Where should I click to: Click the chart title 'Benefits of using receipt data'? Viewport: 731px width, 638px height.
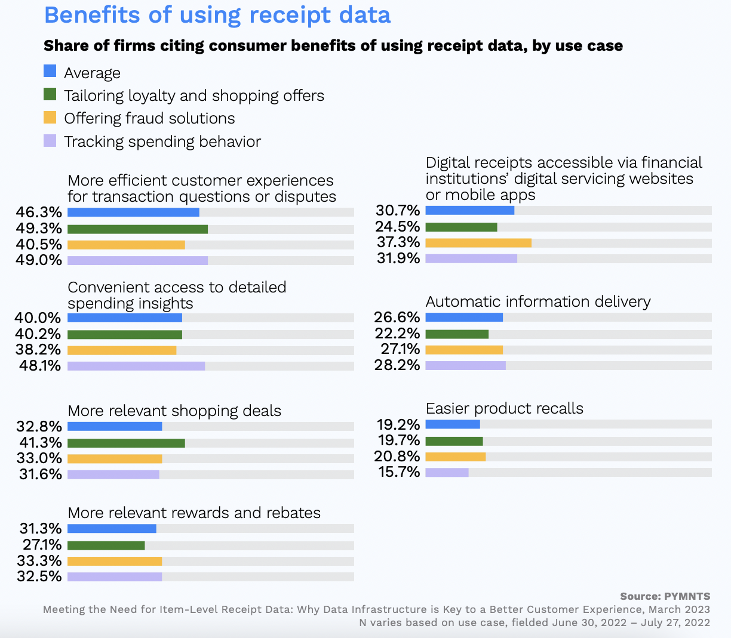pyautogui.click(x=217, y=15)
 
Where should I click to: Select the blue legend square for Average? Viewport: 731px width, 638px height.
pyautogui.click(x=50, y=72)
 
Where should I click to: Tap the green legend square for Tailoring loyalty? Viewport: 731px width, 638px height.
pyautogui.click(x=50, y=94)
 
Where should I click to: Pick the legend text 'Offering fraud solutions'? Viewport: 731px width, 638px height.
pyautogui.click(x=149, y=118)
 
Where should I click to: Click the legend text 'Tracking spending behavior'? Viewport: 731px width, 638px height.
pyautogui.click(x=162, y=141)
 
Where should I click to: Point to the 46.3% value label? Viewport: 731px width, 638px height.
pyautogui.click(x=39, y=212)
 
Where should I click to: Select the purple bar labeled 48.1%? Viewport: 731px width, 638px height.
pyautogui.click(x=136, y=366)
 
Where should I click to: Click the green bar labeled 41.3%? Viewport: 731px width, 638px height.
pyautogui.click(x=126, y=443)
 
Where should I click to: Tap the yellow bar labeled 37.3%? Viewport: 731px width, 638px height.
pyautogui.click(x=478, y=242)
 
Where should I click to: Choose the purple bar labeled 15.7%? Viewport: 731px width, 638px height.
pyautogui.click(x=447, y=472)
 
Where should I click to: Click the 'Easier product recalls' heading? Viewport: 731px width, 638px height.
pyautogui.click(x=504, y=408)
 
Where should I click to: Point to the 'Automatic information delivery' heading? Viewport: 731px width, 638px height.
pyautogui.click(x=537, y=301)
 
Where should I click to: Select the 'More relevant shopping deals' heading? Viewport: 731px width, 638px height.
pyautogui.click(x=174, y=411)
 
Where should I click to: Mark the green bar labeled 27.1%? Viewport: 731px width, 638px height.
pyautogui.click(x=106, y=545)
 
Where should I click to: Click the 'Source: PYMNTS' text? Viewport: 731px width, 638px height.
pyautogui.click(x=665, y=596)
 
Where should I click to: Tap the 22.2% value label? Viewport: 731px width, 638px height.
pyautogui.click(x=397, y=334)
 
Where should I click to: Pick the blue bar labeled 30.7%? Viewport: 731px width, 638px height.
pyautogui.click(x=469, y=210)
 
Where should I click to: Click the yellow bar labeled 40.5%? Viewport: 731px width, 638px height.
pyautogui.click(x=126, y=245)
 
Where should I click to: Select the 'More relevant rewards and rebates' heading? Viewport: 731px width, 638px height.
pyautogui.click(x=194, y=513)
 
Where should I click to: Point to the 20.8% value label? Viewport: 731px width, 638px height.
pyautogui.click(x=397, y=457)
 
